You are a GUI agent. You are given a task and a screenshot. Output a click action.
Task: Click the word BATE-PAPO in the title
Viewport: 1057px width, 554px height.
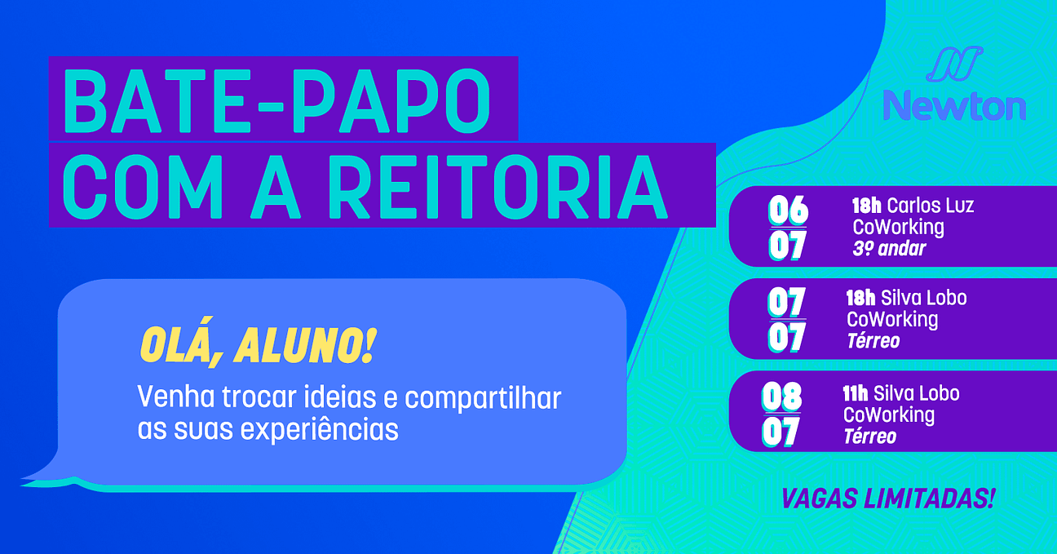276,101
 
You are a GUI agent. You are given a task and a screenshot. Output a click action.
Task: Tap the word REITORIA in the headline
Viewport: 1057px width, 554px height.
498,186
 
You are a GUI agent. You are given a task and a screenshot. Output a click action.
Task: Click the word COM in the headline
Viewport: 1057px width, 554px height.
143,186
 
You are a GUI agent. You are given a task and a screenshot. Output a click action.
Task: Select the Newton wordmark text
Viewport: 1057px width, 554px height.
954,105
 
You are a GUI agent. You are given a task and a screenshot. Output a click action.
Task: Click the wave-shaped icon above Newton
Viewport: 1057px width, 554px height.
954,64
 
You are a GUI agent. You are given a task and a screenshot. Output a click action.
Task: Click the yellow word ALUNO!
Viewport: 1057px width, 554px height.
305,347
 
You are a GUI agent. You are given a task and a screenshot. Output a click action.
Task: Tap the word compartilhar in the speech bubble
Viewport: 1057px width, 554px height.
483,398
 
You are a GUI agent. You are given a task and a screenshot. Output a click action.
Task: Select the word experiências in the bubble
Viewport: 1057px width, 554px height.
320,430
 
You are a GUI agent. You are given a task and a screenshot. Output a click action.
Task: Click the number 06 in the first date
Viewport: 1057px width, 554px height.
788,211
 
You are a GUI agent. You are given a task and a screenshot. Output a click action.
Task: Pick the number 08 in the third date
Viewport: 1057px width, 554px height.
781,397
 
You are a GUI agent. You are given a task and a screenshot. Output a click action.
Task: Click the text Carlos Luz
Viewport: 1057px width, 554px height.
930,206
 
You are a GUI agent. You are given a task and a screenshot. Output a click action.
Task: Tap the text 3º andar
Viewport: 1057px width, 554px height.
889,249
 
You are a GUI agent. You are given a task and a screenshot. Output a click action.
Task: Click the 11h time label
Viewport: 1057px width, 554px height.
856,393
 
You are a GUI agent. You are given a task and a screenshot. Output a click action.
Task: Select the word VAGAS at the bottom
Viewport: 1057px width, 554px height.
819,499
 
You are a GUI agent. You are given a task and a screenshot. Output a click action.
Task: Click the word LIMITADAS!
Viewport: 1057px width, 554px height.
929,499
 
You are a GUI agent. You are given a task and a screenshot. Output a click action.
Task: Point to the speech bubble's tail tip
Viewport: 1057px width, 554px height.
22,480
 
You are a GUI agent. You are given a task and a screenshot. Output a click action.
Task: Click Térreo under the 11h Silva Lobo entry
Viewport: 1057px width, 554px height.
869,437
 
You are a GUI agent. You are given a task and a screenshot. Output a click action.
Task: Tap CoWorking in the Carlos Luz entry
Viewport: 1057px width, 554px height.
898,227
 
